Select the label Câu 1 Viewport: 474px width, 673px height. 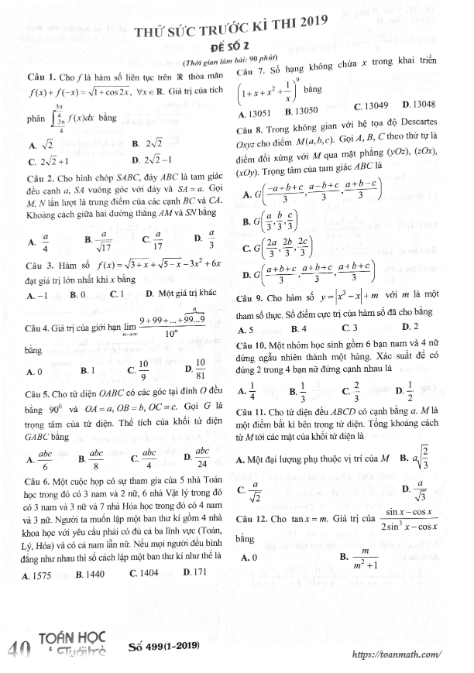38,79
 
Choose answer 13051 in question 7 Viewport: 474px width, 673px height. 256,112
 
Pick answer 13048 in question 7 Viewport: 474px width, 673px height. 418,105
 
